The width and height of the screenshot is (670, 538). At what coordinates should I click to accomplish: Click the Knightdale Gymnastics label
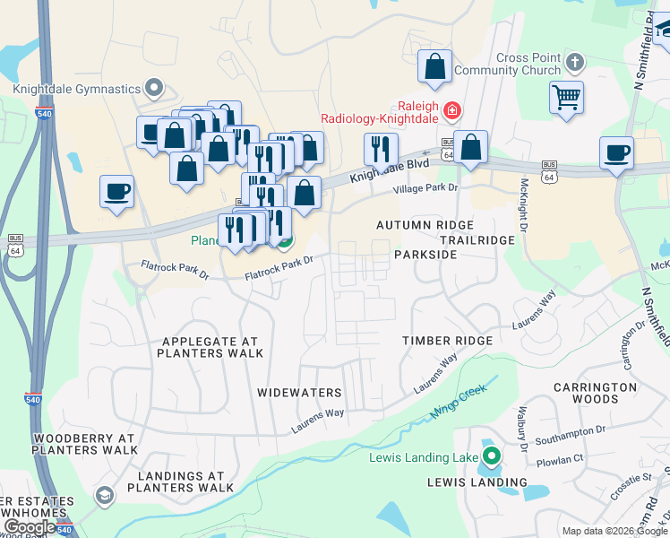77,89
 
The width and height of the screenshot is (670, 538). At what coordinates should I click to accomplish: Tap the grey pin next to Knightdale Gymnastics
155,88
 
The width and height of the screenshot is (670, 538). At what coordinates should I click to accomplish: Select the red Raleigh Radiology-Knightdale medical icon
453,110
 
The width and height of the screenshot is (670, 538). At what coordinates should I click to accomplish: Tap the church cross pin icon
575,64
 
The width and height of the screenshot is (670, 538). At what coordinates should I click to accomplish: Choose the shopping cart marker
566,98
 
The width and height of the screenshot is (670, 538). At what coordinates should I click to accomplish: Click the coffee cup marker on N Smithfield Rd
616,152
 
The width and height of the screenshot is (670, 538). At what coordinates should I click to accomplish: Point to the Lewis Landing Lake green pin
491,457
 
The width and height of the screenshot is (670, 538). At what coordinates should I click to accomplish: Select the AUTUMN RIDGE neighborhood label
424,224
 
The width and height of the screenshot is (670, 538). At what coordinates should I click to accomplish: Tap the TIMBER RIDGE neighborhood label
447,341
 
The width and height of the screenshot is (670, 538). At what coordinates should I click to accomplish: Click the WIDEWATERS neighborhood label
299,393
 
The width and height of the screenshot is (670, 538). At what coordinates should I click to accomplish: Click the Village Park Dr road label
425,189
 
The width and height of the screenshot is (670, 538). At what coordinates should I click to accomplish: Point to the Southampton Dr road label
571,436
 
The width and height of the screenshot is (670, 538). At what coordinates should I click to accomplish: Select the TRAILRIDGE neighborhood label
477,240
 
